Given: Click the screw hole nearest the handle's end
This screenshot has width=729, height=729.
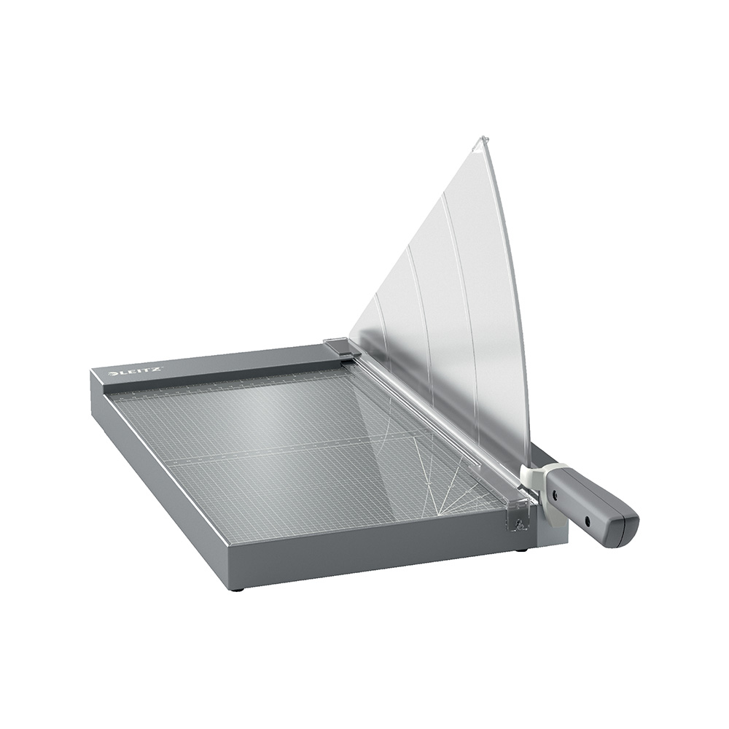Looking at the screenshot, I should click(x=587, y=521).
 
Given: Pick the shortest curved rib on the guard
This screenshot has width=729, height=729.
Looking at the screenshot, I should click(x=382, y=328).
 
